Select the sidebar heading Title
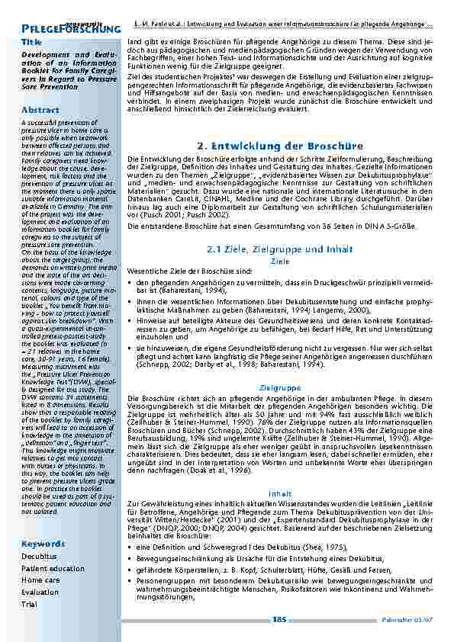(x=32, y=41)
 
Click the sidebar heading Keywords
(x=43, y=544)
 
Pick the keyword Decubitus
(x=39, y=557)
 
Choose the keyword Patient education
(x=53, y=568)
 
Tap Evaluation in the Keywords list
(x=40, y=592)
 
